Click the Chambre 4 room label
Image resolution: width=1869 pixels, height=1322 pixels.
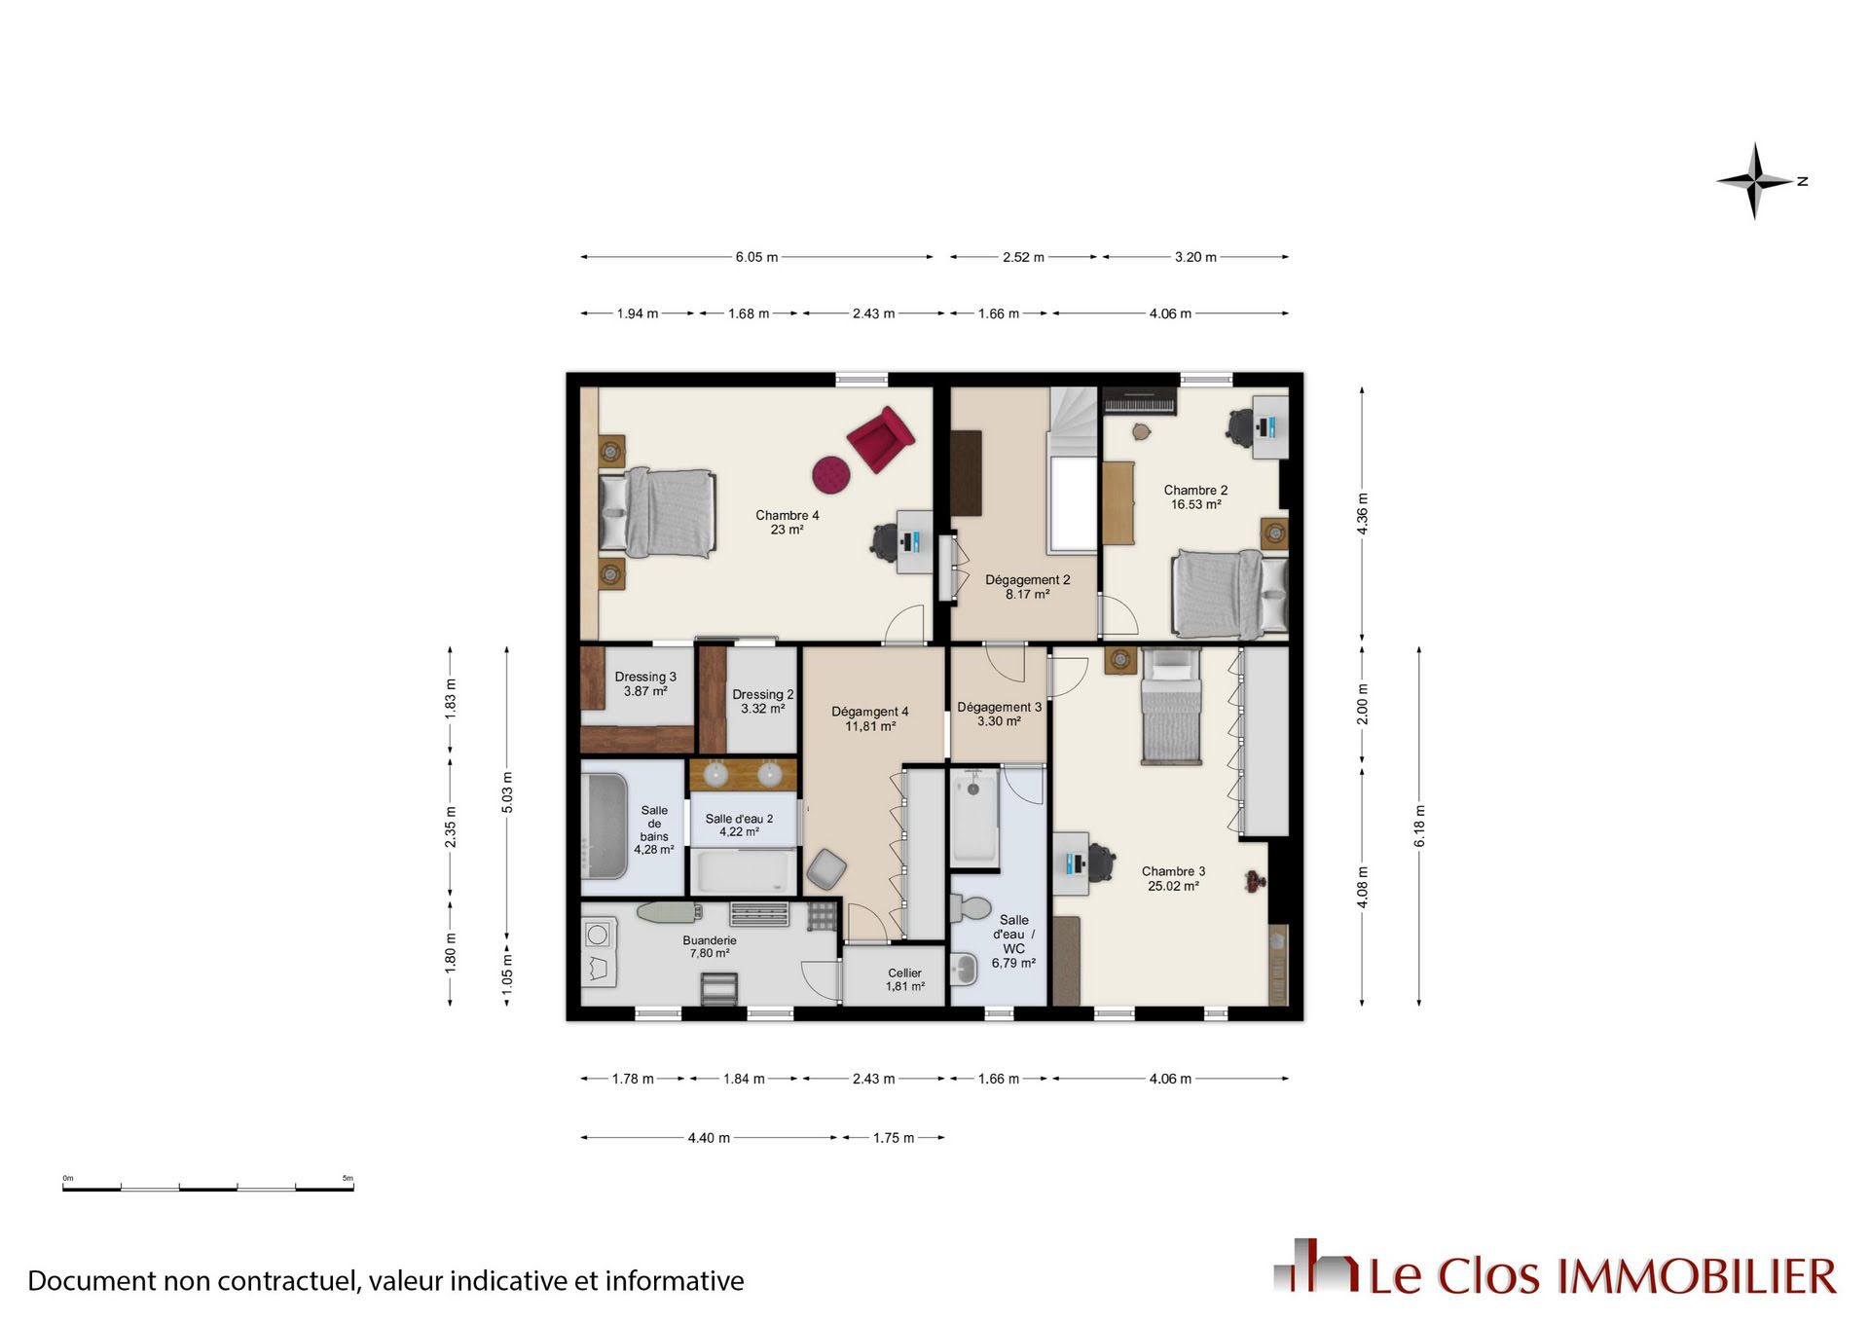click(787, 523)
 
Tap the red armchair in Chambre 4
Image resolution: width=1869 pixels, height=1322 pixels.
click(880, 439)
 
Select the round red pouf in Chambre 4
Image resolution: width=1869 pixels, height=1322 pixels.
click(831, 474)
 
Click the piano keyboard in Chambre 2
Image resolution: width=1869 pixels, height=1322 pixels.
click(1140, 401)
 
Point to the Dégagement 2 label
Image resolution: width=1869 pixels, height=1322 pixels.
click(1027, 587)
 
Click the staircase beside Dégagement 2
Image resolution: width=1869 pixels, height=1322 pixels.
click(1073, 470)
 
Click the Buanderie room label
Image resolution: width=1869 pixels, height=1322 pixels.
click(710, 947)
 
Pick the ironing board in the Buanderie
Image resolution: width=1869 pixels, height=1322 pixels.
click(671, 912)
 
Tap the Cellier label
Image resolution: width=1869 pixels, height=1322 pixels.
click(904, 979)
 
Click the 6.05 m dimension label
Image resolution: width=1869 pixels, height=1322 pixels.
click(756, 257)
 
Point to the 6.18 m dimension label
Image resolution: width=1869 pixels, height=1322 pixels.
click(1419, 826)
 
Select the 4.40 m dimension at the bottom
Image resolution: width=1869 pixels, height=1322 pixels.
click(709, 1138)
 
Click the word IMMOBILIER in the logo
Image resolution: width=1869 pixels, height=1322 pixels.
click(1698, 1276)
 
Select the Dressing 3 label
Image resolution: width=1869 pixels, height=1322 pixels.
click(645, 684)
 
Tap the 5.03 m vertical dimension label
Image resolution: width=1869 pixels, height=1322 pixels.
click(507, 792)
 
